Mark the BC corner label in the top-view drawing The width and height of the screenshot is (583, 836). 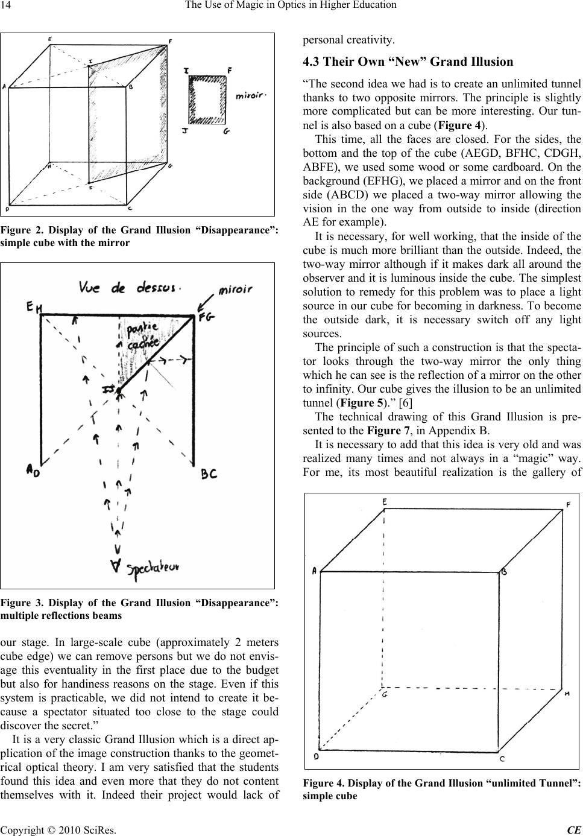pos(208,475)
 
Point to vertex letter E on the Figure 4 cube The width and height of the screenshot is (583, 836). pos(384,502)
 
